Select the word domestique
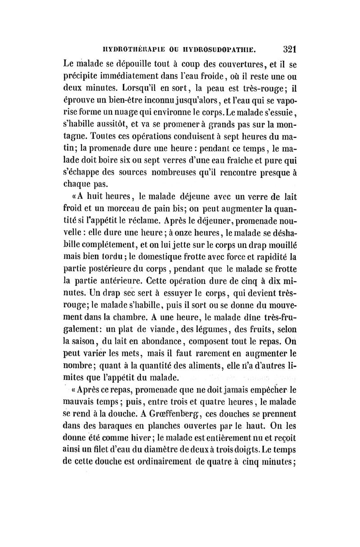click(164, 258)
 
